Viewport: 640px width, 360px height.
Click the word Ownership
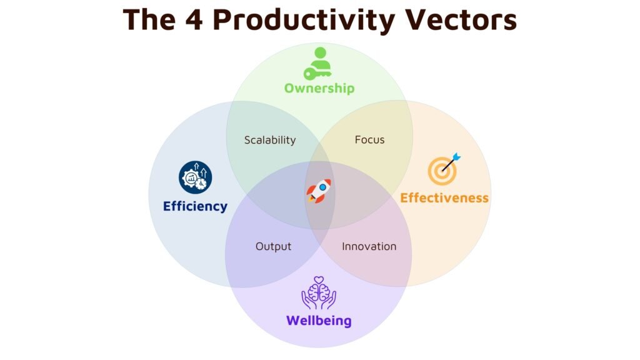pyautogui.click(x=319, y=88)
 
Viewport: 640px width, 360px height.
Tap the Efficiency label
pyautogui.click(x=195, y=206)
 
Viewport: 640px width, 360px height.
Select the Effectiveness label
pyautogui.click(x=444, y=198)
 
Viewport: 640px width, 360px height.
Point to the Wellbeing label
pyautogui.click(x=319, y=321)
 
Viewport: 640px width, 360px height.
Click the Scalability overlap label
pyautogui.click(x=270, y=140)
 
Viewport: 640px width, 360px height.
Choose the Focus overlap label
pyautogui.click(x=369, y=139)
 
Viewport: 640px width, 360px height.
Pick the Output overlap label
pyautogui.click(x=273, y=246)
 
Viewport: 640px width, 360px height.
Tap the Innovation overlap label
pyautogui.click(x=369, y=246)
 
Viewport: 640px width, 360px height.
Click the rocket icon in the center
pyautogui.click(x=319, y=191)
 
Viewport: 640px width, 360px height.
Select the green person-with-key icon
pyautogui.click(x=319, y=62)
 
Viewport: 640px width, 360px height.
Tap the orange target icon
pyautogui.click(x=443, y=171)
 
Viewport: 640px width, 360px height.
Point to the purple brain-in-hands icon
pyautogui.click(x=319, y=294)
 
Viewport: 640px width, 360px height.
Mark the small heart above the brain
pyautogui.click(x=319, y=279)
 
